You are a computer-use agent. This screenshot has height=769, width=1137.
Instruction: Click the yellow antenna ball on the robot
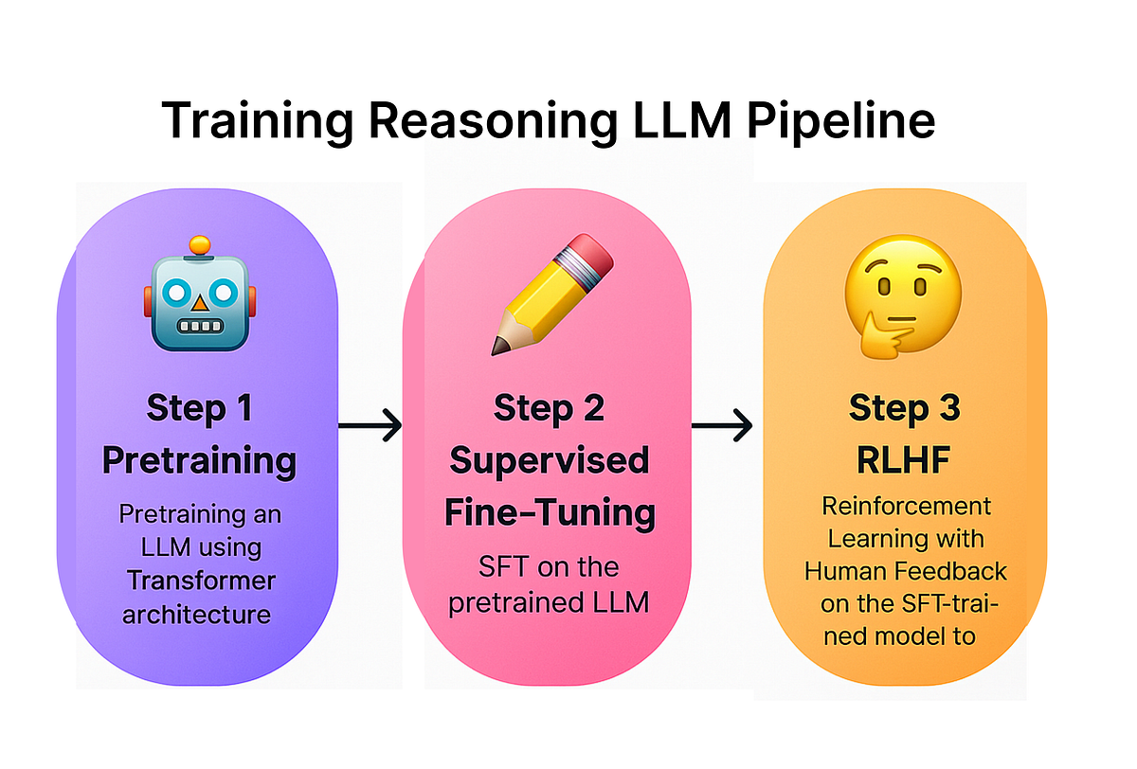tap(199, 245)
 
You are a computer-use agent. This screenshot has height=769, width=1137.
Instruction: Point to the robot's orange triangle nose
tap(199, 304)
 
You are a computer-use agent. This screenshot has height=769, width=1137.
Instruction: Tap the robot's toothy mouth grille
tap(199, 327)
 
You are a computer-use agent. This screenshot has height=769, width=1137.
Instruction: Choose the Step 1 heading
tap(199, 408)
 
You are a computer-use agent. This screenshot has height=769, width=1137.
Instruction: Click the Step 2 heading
tap(549, 408)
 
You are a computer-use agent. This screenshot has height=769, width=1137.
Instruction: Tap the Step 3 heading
tap(904, 408)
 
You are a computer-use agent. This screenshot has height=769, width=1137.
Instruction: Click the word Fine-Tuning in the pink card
tap(550, 512)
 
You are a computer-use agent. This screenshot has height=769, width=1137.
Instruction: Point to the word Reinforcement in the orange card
tap(905, 507)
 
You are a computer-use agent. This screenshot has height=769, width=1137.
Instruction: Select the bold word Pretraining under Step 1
tap(199, 460)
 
